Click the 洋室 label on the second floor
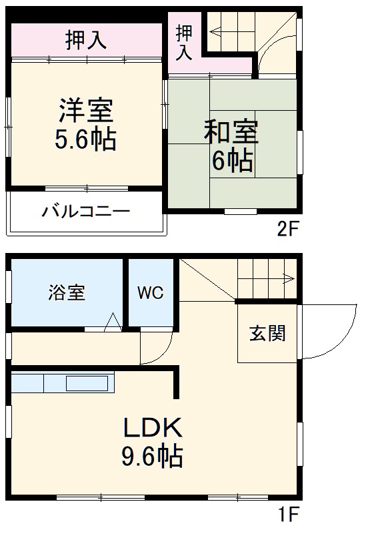[85, 109]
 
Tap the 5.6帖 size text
[85, 140]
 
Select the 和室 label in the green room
[231, 132]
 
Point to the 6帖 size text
[231, 161]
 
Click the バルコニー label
[86, 213]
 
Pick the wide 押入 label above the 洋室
[86, 40]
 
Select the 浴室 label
[67, 293]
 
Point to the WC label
[151, 293]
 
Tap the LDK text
[151, 426]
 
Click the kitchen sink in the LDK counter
[86, 384]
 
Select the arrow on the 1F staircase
[288, 278]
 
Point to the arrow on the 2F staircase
[215, 30]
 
